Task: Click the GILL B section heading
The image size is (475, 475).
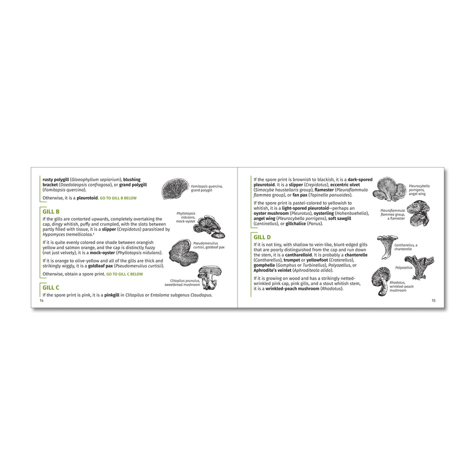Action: [51, 212]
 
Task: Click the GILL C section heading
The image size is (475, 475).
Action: [51, 288]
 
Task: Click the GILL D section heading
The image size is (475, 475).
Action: [262, 237]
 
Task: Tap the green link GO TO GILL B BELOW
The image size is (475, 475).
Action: [118, 198]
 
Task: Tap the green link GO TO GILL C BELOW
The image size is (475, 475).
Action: [124, 274]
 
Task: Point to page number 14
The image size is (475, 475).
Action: [41, 301]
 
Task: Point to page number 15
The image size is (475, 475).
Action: [434, 301]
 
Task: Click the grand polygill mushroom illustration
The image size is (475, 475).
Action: [175, 189]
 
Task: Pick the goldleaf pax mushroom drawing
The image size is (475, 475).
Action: [183, 253]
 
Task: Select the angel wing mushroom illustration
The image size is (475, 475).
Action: [390, 189]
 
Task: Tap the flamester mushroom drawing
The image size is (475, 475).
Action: [418, 214]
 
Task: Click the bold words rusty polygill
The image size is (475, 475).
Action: [56, 180]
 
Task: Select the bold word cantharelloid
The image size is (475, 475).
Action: [298, 255]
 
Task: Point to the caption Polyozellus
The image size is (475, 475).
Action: [404, 268]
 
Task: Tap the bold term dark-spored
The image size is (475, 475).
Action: [360, 180]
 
